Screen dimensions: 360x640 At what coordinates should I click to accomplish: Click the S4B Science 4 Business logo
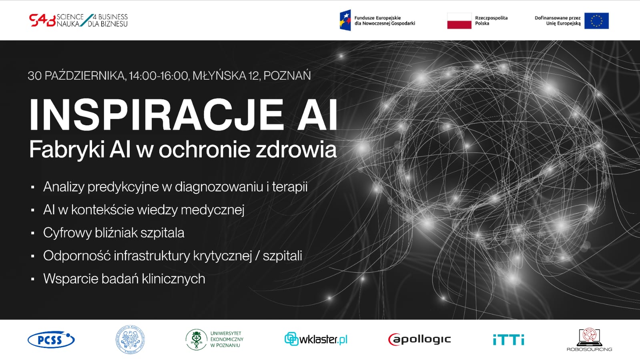(x=78, y=20)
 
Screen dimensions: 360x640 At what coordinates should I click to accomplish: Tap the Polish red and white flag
(x=459, y=21)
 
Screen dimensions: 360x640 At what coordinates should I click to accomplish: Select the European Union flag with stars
(x=596, y=21)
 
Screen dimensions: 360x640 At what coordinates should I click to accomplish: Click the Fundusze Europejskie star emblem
(x=345, y=20)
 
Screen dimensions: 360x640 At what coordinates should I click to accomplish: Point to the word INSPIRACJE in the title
(x=156, y=115)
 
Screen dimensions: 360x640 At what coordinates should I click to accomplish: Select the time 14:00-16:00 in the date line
(x=158, y=76)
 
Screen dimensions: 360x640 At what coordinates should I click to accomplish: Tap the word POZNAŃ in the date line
(x=287, y=76)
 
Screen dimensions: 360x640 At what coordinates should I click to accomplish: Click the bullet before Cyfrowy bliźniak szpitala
(x=33, y=233)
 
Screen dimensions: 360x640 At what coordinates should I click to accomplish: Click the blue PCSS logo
(x=51, y=340)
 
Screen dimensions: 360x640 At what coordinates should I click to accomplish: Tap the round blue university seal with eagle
(x=130, y=340)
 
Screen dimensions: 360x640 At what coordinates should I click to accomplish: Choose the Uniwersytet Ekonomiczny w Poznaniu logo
(x=215, y=340)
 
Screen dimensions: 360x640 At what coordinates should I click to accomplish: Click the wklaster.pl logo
(x=316, y=339)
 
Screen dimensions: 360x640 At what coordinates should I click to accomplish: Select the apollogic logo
(x=419, y=340)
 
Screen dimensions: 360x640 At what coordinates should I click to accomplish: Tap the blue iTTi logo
(x=508, y=340)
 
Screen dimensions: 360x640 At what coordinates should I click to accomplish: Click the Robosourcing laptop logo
(x=589, y=340)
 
